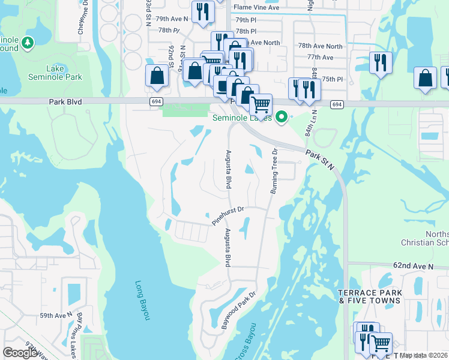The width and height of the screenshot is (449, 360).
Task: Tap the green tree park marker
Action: tap(27, 43)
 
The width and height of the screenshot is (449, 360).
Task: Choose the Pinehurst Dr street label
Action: tap(228, 216)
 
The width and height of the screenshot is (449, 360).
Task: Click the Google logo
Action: tap(21, 353)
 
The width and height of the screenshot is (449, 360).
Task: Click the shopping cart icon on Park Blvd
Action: tap(261, 104)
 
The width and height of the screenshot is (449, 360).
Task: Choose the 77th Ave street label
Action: tap(320, 57)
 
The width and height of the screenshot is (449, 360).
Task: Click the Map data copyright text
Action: tap(424, 355)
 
